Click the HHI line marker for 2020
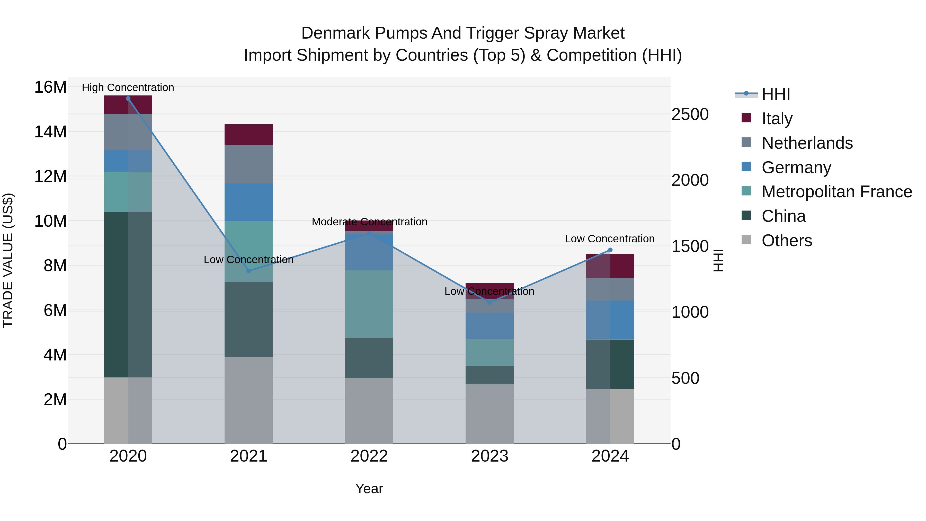click(128, 99)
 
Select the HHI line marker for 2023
click(489, 302)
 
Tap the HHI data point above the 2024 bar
click(610, 250)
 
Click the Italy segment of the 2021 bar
click(248, 135)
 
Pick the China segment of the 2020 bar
click(128, 295)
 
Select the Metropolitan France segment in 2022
click(369, 304)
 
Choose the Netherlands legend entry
click(807, 143)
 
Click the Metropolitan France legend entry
click(836, 192)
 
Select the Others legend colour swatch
click(746, 240)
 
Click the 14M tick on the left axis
click(50, 132)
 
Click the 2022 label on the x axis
click(369, 456)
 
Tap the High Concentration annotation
click(128, 87)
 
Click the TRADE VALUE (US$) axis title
click(8, 260)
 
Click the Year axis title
click(369, 489)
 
